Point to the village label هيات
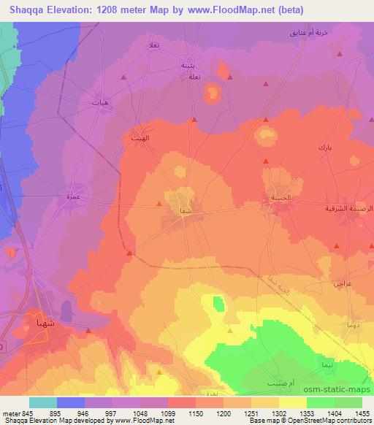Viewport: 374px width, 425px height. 101,103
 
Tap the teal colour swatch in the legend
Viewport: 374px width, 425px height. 43,402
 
